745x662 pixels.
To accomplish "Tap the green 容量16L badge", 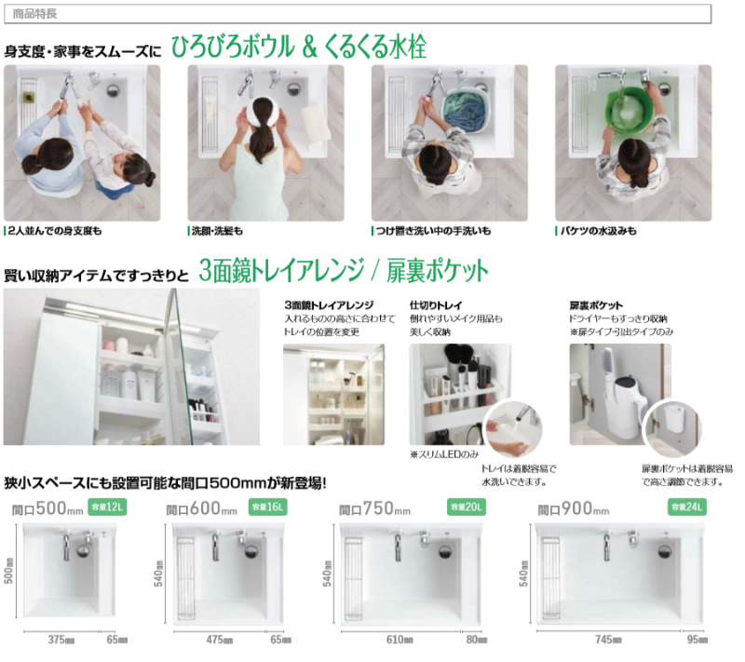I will click(x=269, y=507).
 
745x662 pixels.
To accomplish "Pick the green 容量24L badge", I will click(x=687, y=507).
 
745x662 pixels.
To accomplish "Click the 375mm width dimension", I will click(x=61, y=640).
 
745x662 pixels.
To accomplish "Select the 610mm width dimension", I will click(x=401, y=639).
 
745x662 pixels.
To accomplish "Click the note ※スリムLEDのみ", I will click(x=443, y=454).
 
